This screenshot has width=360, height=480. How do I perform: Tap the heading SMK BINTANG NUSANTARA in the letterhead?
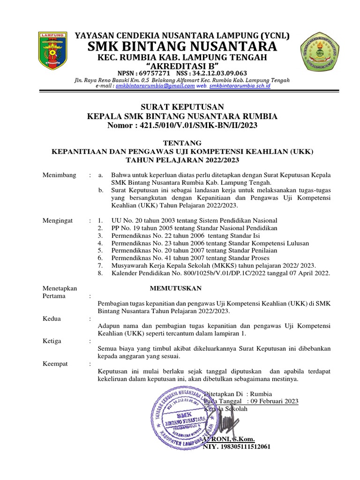point(179,47)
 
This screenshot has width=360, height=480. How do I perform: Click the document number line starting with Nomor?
point(180,126)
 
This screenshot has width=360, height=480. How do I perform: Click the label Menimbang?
point(59,175)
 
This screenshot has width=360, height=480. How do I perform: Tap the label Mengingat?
point(59,220)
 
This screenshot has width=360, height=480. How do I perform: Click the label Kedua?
point(52,319)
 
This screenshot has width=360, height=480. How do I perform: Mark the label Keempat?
point(55,364)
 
